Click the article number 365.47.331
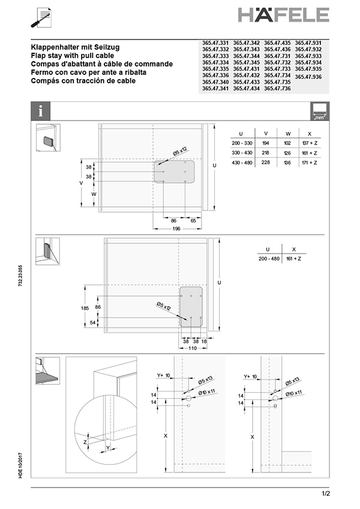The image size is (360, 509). pyautogui.click(x=215, y=43)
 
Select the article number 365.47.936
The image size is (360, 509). pyautogui.click(x=308, y=77)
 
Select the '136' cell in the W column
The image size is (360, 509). pyautogui.click(x=287, y=163)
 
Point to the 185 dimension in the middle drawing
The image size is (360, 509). pyautogui.click(x=85, y=308)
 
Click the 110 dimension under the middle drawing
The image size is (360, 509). pyautogui.click(x=193, y=348)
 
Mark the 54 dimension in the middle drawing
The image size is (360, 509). pyautogui.click(x=93, y=323)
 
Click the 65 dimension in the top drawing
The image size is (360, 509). pyautogui.click(x=193, y=221)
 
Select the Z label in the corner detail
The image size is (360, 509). pyautogui.click(x=85, y=441)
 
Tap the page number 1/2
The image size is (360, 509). pyautogui.click(x=325, y=493)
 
